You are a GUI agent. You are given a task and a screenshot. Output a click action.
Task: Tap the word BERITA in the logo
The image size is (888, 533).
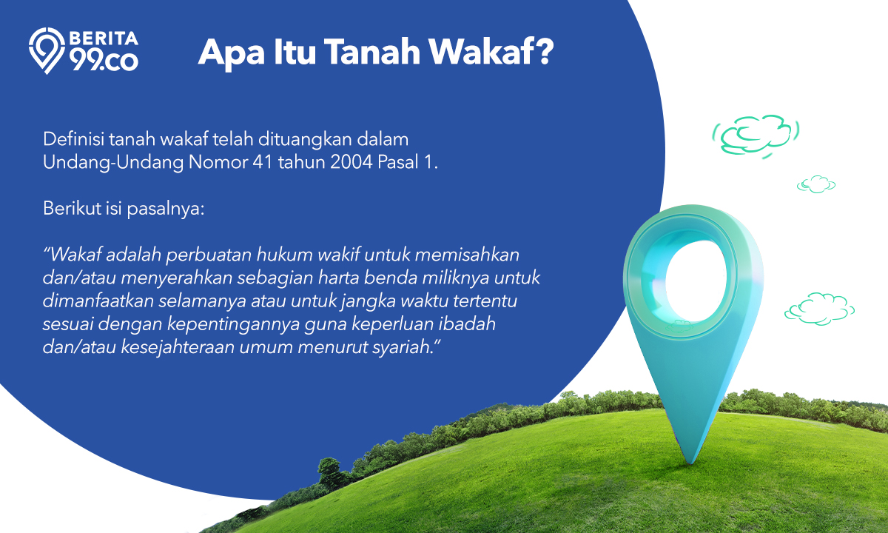[104, 38]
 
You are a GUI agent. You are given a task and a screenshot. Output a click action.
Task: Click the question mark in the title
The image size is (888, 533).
[542, 52]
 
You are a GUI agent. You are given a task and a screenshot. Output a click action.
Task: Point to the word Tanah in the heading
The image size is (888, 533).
[371, 52]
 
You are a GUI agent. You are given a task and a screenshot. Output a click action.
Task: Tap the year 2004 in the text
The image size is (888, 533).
[351, 162]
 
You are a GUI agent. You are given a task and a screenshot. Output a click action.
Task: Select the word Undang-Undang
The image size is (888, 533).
[113, 163]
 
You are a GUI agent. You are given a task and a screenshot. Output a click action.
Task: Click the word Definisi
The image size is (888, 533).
[73, 139]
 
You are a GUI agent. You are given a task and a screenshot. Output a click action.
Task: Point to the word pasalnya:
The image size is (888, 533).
[166, 209]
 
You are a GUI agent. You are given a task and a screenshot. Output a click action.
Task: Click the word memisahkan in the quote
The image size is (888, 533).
[467, 255]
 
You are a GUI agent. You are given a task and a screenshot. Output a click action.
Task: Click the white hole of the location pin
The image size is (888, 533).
[695, 281]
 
